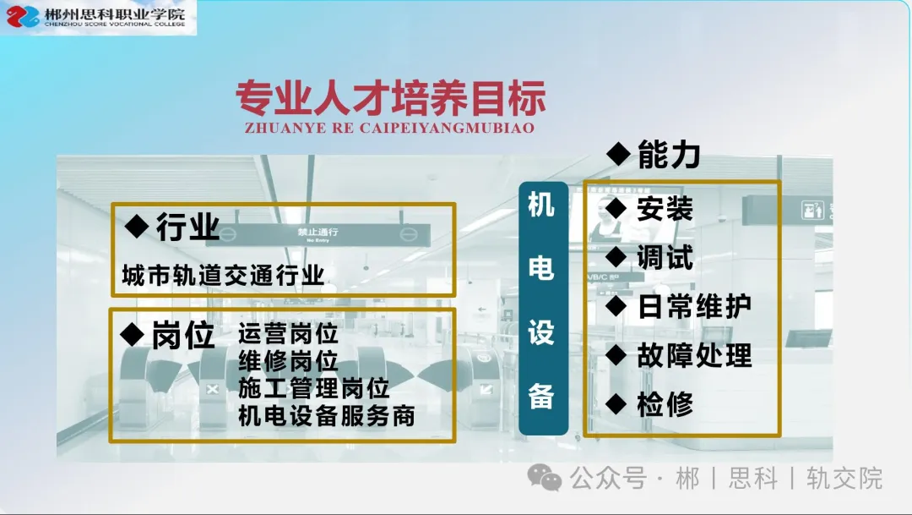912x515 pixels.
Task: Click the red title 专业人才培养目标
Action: coord(391,97)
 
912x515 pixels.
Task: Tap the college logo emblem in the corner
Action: coord(22,16)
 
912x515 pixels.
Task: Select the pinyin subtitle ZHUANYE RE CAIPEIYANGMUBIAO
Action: coord(389,129)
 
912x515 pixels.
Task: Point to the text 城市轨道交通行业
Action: coord(223,275)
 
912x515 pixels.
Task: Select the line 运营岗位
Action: coord(288,334)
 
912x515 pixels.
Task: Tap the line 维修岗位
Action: coord(288,361)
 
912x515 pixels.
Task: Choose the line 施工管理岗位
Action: coord(313,388)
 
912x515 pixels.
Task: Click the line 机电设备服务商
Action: coord(326,415)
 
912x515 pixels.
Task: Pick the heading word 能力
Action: coord(669,155)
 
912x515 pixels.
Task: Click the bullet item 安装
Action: coord(665,209)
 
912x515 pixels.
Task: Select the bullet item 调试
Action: coord(665,257)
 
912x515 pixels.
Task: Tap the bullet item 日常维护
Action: coord(694,306)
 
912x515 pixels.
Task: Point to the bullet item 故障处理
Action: coord(694,355)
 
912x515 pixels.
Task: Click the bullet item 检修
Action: coord(665,404)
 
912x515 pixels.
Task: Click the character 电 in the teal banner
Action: coord(541,268)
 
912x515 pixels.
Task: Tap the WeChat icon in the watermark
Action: coord(545,478)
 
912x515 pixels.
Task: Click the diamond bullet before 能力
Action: coord(618,155)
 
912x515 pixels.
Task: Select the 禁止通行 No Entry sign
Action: coord(318,235)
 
